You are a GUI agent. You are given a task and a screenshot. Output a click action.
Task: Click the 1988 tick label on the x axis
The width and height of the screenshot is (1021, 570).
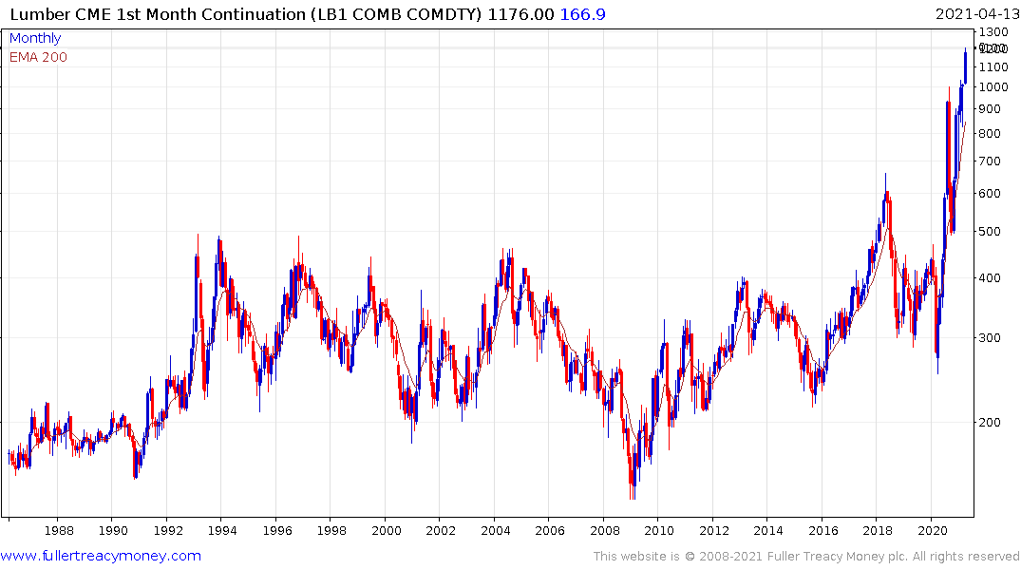pos(59,529)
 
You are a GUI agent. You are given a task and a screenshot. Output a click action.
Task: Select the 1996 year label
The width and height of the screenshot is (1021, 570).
pos(276,529)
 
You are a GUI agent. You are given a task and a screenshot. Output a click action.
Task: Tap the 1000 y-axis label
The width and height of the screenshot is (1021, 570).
pos(993,87)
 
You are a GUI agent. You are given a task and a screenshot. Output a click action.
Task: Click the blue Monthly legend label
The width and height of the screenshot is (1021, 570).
pos(34,38)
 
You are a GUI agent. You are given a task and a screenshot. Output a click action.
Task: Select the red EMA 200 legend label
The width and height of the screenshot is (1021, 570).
pos(38,57)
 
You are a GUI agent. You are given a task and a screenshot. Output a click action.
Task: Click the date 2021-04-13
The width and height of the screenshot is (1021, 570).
pos(974,13)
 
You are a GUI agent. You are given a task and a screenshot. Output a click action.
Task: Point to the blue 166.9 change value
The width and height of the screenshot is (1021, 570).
pos(584,13)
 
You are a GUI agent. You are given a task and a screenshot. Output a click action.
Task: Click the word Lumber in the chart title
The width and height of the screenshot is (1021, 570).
pos(34,13)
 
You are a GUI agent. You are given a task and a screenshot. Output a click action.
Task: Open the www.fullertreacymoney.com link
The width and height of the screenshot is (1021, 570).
pos(101,556)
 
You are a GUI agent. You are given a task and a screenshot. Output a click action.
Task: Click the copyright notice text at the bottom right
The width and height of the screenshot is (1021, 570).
pos(806,557)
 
